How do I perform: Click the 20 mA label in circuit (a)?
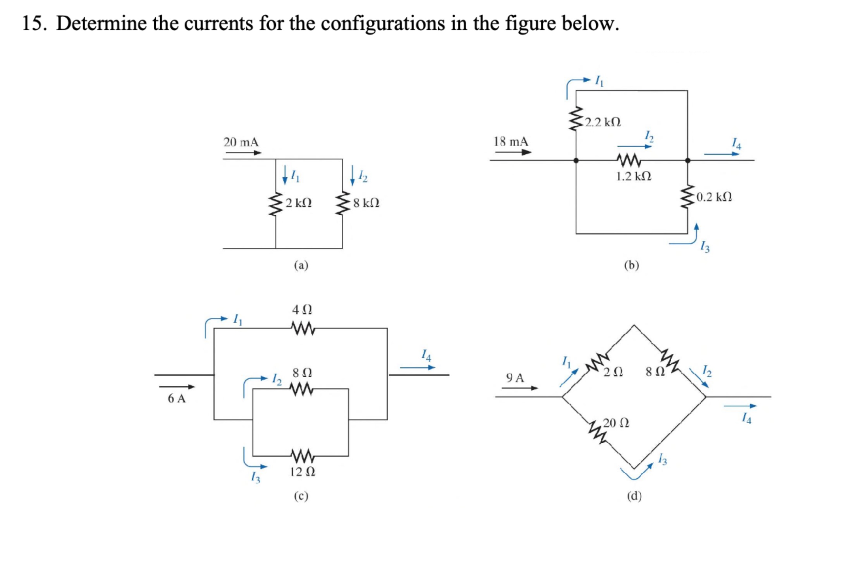[241, 142]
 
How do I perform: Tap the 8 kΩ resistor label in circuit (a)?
[366, 203]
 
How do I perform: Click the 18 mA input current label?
[511, 141]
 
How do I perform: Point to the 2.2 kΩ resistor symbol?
[576, 119]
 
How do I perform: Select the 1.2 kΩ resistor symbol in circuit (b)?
[629, 160]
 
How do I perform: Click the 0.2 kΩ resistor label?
[714, 197]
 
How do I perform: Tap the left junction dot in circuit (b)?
[576, 160]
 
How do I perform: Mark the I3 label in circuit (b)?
[705, 247]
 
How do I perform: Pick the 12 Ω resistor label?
[303, 472]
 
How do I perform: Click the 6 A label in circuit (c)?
[177, 399]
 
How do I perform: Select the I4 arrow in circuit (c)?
[417, 367]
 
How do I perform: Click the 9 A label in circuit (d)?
[515, 378]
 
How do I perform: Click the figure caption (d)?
[634, 496]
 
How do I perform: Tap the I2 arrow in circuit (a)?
[352, 176]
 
